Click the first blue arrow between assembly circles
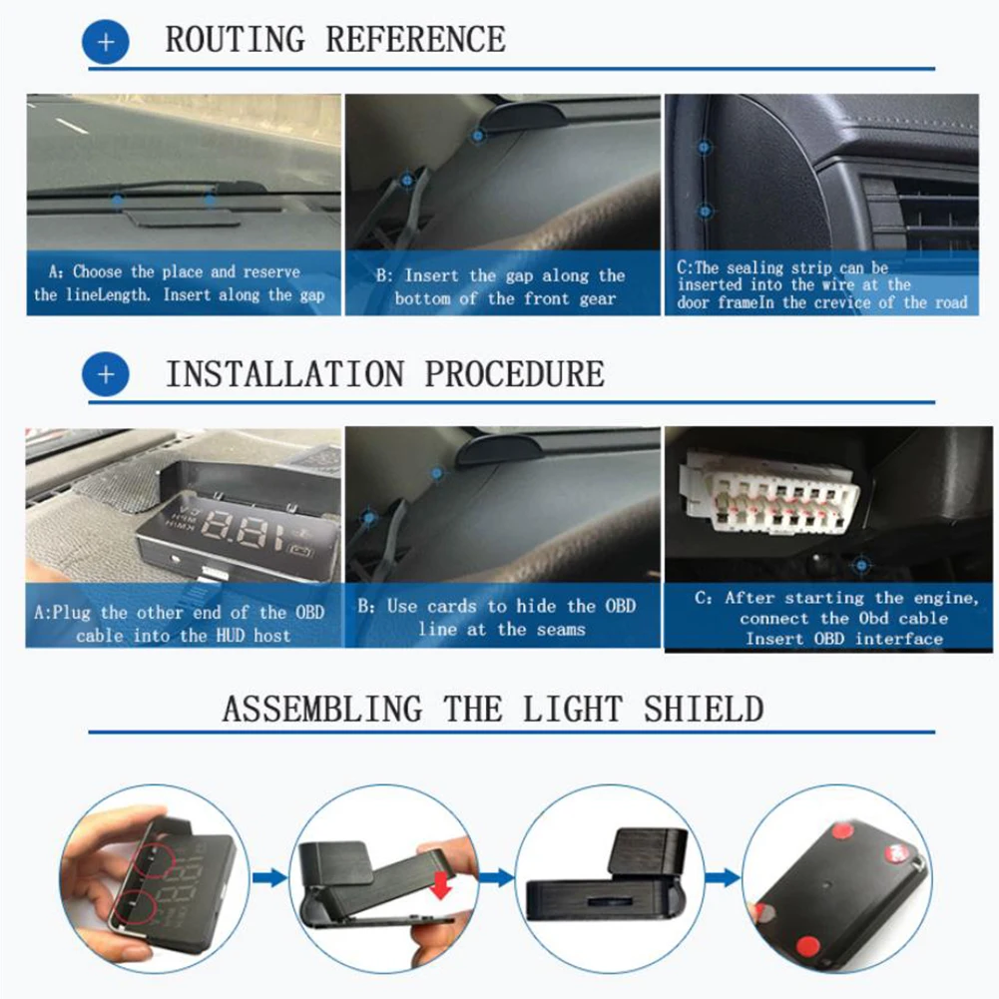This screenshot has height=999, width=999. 268,878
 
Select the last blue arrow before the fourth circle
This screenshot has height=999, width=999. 722,878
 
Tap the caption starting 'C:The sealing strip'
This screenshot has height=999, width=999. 822,285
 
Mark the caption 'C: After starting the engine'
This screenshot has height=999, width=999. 836,618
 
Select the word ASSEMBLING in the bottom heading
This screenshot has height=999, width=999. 321,709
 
